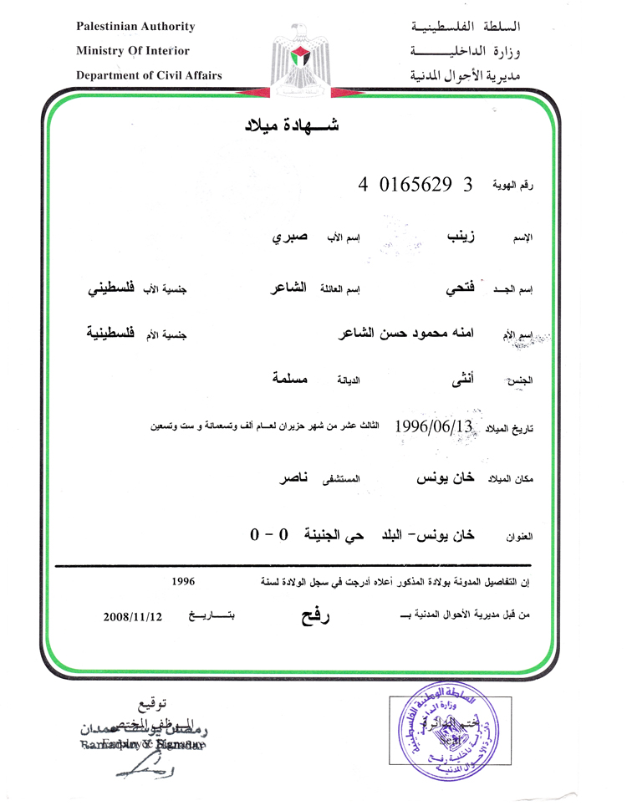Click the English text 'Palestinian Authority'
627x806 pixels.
click(x=135, y=27)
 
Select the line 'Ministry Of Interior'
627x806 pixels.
click(x=133, y=51)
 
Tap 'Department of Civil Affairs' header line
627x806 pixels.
click(x=149, y=75)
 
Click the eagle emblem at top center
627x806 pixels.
click(x=300, y=55)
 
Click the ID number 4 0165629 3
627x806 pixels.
click(x=415, y=185)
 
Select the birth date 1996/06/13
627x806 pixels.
click(x=434, y=426)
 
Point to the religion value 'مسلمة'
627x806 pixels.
click(x=291, y=380)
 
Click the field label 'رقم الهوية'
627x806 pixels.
click(x=512, y=186)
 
